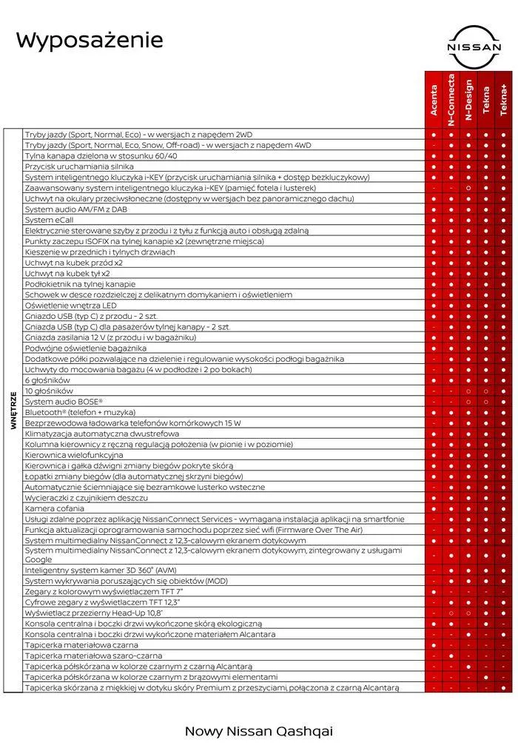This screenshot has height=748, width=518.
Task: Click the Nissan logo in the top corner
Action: [x=474, y=48]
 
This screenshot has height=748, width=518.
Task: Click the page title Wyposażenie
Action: [x=90, y=40]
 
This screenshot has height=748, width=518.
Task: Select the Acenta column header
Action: [x=434, y=101]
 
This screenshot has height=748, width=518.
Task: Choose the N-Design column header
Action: [x=468, y=100]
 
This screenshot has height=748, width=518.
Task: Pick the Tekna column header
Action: [x=486, y=101]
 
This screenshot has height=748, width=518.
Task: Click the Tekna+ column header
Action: [x=504, y=100]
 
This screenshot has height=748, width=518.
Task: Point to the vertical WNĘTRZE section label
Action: [x=13, y=411]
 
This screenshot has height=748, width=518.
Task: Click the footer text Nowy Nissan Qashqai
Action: [x=258, y=731]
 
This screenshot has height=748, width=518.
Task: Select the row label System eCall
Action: [x=50, y=220]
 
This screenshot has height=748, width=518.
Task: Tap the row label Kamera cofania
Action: [x=55, y=508]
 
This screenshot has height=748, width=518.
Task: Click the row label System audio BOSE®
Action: [x=64, y=401]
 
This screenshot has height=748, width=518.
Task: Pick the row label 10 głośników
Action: [x=49, y=391]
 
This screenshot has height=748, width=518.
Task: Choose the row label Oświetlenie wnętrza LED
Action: [x=70, y=305]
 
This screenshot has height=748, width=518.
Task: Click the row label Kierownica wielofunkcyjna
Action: [x=74, y=455]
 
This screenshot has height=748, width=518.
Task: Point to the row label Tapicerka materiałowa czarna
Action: [x=81, y=645]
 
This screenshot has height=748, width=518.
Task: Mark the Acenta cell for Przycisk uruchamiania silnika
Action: [x=434, y=166]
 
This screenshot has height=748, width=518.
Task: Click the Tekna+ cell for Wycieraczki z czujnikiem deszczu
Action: [x=504, y=498]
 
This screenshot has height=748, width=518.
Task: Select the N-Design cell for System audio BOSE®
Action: [x=468, y=401]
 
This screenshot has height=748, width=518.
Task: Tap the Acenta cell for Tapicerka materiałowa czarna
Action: [x=434, y=645]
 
